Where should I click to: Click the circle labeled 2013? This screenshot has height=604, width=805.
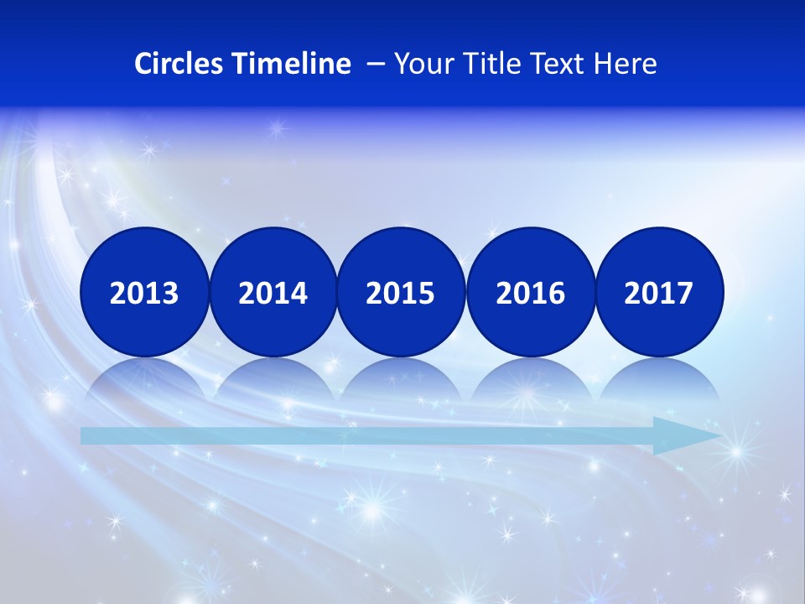(144, 292)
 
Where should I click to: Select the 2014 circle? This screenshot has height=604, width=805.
(273, 292)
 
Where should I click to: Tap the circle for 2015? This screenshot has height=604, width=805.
(401, 292)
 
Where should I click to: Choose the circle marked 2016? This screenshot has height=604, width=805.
(531, 292)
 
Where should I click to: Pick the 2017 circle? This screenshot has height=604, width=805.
(659, 292)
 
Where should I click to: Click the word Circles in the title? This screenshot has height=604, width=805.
(179, 64)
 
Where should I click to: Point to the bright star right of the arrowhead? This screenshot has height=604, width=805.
(737, 451)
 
